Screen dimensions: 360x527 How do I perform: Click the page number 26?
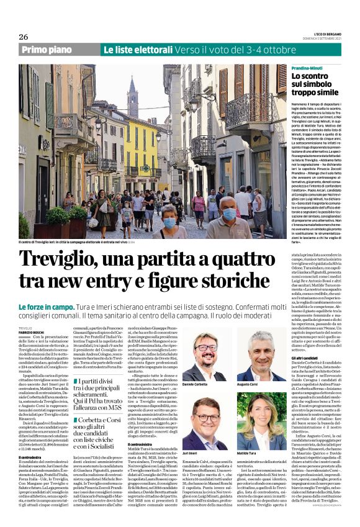24,37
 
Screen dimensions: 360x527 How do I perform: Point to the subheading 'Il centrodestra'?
30,457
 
